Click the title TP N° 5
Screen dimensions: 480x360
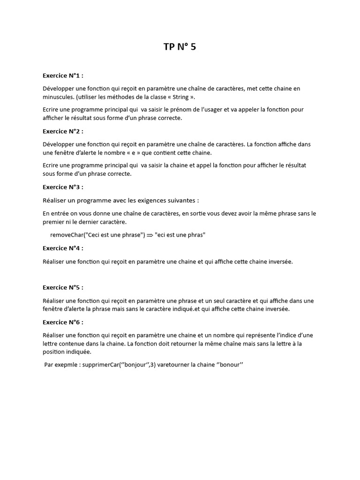coord(180,46)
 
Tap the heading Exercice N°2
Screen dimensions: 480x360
coord(63,131)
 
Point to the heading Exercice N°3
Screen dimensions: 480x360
coord(63,187)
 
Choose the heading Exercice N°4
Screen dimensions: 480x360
coord(63,248)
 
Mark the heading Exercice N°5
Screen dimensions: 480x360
coord(63,287)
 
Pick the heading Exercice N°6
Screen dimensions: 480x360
coord(63,322)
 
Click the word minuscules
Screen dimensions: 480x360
coord(58,97)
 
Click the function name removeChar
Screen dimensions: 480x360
coord(67,235)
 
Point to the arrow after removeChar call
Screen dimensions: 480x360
coord(150,235)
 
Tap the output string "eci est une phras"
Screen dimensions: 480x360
coord(180,235)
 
